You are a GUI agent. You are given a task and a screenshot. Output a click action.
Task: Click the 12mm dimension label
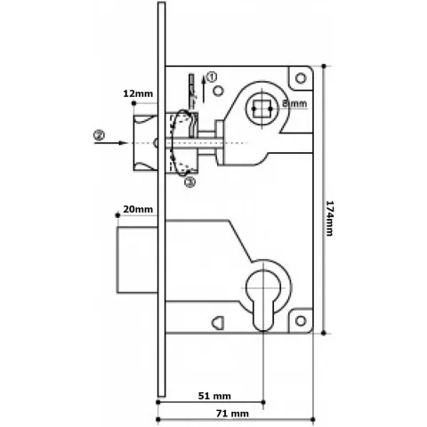click(x=138, y=93)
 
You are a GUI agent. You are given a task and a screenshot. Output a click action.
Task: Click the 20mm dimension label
click(x=138, y=209)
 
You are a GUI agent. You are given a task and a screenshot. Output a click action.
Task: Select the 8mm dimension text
click(x=294, y=103)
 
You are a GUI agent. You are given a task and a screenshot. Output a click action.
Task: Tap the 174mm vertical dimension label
click(x=329, y=218)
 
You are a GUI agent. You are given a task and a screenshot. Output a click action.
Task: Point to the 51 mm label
click(x=214, y=396)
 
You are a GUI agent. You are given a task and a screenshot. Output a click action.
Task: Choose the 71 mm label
click(x=232, y=413)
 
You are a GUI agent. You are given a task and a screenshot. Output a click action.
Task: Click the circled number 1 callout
click(x=212, y=77)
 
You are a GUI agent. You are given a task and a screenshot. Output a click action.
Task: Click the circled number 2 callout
click(x=99, y=135)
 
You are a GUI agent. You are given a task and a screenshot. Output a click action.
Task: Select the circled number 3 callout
click(x=190, y=181)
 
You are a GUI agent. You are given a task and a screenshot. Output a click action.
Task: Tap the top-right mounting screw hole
click(x=301, y=78)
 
